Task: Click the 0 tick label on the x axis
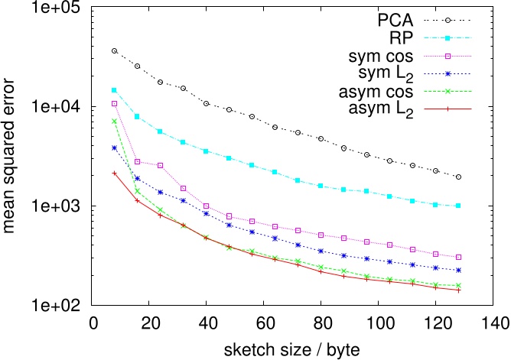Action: click(92, 321)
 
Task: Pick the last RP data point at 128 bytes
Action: click(458, 206)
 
